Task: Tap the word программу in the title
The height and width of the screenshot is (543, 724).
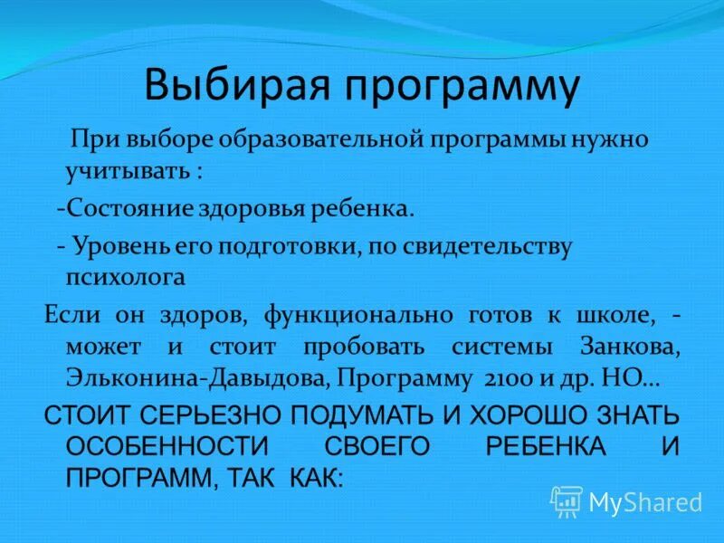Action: click(x=458, y=87)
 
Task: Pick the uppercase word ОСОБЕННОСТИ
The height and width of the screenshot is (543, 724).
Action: click(x=163, y=446)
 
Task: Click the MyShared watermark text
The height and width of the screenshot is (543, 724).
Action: click(x=645, y=502)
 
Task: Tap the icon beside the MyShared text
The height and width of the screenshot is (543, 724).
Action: click(x=567, y=501)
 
